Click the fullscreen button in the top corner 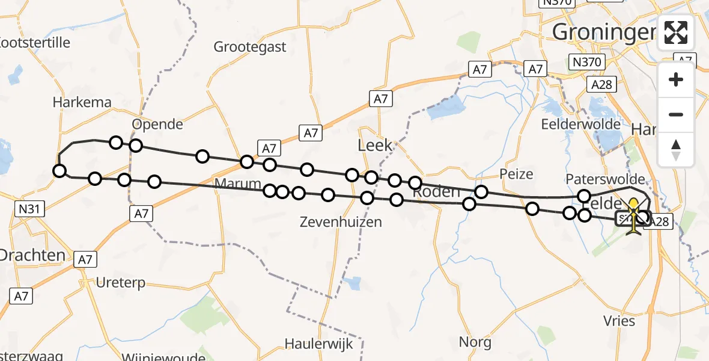676,32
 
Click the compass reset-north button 676,150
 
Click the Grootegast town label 250,47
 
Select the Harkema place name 82,102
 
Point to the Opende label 157,124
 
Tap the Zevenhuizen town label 341,222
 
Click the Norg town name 475,342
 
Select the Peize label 516,174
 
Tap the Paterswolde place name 605,179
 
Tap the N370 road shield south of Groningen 586,61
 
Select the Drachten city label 32,255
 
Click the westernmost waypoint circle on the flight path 59,171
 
